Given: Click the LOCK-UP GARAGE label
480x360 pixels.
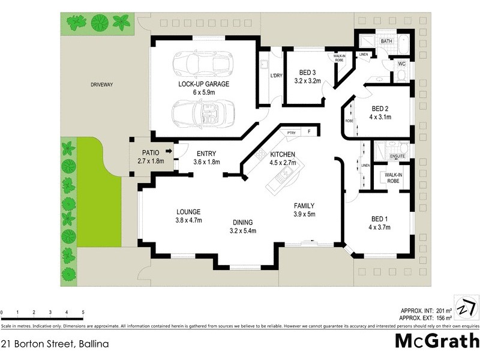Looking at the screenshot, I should (203, 84).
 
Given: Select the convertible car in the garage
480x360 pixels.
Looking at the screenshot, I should (203, 112).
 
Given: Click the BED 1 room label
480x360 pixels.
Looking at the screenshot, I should (379, 218).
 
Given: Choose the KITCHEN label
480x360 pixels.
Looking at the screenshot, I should (281, 153).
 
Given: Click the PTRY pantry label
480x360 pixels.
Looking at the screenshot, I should (292, 133).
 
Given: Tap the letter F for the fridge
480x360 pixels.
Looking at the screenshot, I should (309, 131).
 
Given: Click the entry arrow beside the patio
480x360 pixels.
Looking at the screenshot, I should (170, 152).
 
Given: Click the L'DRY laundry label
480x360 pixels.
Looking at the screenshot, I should (276, 76).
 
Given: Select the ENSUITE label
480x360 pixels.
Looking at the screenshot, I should (398, 156).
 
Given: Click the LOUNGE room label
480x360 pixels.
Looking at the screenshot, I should (188, 212).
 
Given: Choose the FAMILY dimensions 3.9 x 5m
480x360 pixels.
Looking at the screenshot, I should (304, 214).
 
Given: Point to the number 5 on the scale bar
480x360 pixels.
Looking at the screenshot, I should (83, 313).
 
